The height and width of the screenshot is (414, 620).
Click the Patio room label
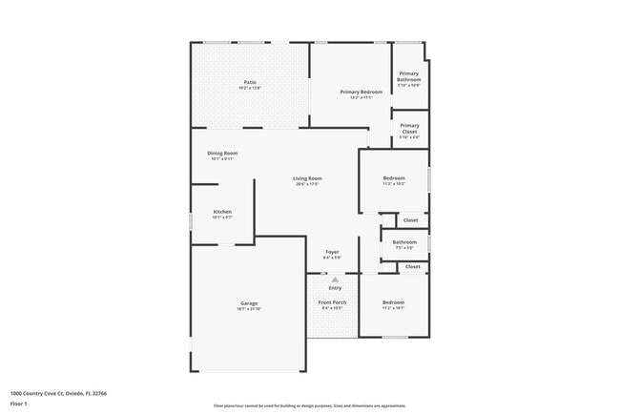(249, 83)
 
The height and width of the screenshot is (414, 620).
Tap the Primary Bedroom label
(362, 92)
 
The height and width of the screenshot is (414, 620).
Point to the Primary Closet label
(409, 129)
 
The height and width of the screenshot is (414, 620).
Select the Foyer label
(332, 252)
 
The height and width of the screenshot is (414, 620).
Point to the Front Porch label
(332, 303)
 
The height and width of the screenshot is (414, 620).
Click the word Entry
(335, 287)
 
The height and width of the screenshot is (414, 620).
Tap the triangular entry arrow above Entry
(335, 279)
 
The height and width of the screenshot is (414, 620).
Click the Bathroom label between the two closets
(404, 242)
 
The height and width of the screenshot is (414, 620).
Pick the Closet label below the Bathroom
(413, 267)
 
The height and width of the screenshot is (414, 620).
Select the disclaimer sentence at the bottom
(309, 405)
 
